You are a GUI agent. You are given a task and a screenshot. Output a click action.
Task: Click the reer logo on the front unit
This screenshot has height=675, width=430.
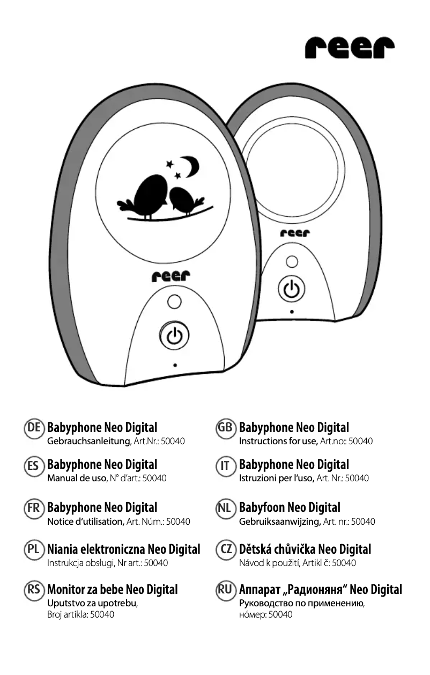170,277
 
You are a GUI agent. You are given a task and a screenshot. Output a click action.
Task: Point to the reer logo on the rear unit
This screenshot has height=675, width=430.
294,233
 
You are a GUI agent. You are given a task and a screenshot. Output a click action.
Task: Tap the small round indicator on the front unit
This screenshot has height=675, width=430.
173,302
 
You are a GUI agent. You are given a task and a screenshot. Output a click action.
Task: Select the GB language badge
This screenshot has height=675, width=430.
225,428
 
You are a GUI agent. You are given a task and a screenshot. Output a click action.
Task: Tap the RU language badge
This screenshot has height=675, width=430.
225,590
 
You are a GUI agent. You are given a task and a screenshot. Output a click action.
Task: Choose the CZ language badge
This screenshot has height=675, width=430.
225,549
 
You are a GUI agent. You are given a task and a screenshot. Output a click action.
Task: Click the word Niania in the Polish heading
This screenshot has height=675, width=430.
64,549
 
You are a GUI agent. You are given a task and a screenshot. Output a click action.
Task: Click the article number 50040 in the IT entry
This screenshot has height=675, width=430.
357,478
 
